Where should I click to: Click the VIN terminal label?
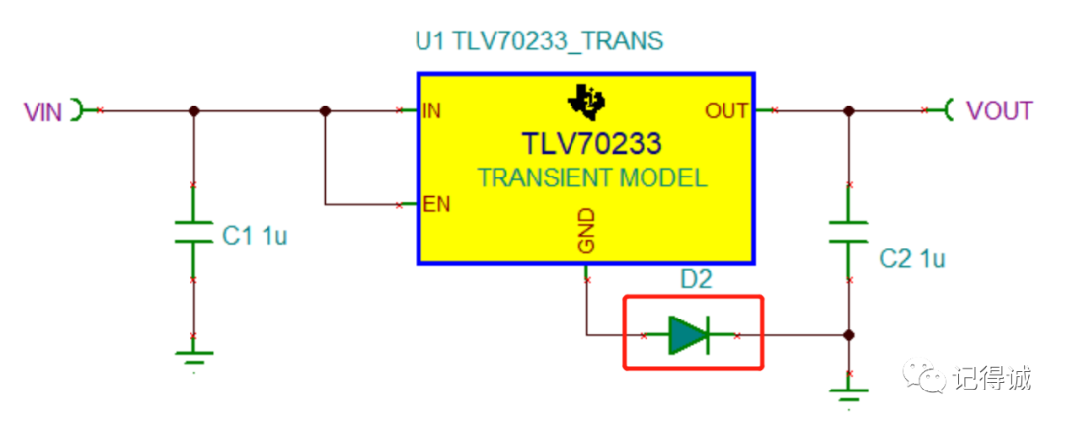[x=42, y=111]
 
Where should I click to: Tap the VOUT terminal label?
[x=999, y=110]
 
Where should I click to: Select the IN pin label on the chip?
[x=431, y=110]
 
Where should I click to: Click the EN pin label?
[x=436, y=205]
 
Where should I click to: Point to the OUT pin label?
[x=726, y=110]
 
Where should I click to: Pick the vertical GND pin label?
[x=586, y=232]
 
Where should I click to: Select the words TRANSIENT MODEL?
[x=591, y=178]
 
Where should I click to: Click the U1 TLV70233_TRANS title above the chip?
[x=538, y=41]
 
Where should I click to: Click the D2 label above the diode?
[x=696, y=280]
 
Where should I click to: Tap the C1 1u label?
[x=254, y=236]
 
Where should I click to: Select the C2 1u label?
[x=912, y=259]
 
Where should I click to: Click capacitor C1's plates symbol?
[x=193, y=234]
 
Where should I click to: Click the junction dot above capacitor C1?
[x=193, y=111]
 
